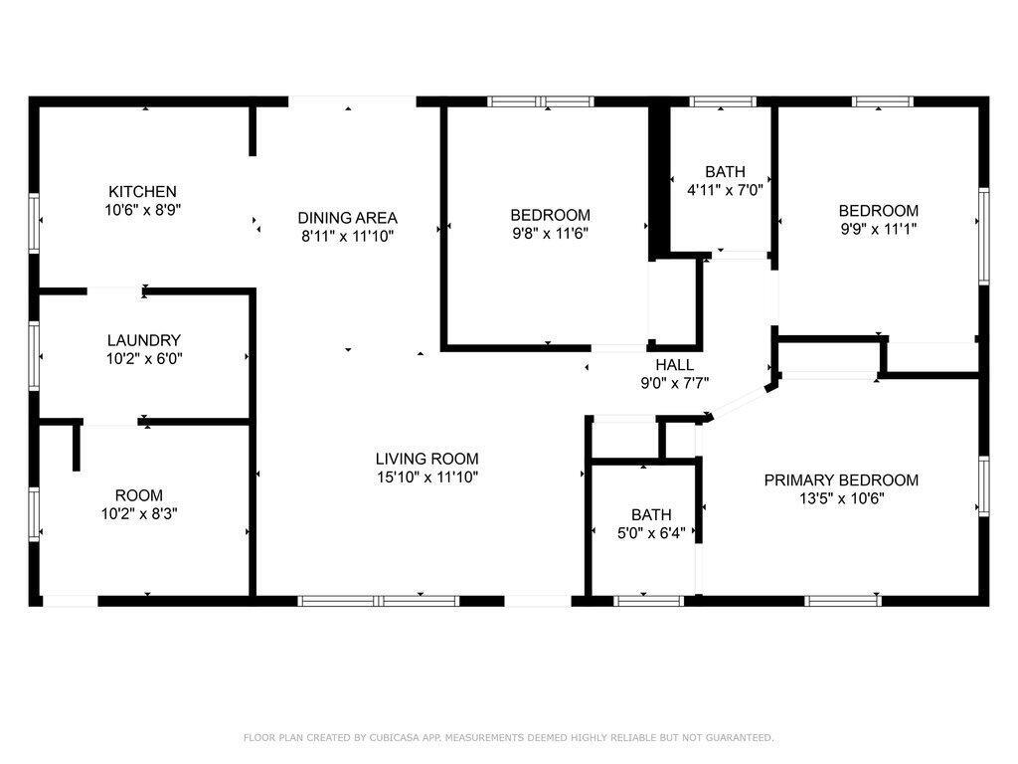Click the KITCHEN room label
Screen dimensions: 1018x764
click(x=142, y=192)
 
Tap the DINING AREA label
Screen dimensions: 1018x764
click(x=347, y=218)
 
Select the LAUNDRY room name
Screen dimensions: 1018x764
click(x=143, y=340)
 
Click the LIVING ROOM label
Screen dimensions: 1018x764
click(x=427, y=459)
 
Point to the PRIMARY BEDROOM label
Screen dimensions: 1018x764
click(x=841, y=480)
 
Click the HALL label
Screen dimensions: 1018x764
click(x=675, y=364)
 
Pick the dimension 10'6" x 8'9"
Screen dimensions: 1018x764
click(x=143, y=210)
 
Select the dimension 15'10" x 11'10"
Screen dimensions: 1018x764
click(x=427, y=477)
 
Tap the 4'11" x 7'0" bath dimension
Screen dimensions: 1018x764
click(x=725, y=190)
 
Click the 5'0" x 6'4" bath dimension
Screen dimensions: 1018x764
click(x=651, y=533)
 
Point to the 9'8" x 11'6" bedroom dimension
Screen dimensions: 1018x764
click(x=551, y=233)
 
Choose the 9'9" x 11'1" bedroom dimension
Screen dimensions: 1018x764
click(x=879, y=229)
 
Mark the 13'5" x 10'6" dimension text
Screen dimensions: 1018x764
click(x=841, y=498)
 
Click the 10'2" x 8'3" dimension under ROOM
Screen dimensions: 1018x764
click(x=139, y=514)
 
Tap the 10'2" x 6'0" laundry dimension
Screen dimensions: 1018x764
click(x=144, y=358)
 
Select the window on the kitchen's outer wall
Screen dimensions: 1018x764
click(x=34, y=222)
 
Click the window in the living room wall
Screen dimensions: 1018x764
click(x=379, y=601)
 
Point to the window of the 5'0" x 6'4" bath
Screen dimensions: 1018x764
click(x=648, y=601)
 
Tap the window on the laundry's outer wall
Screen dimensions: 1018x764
click(x=34, y=356)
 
